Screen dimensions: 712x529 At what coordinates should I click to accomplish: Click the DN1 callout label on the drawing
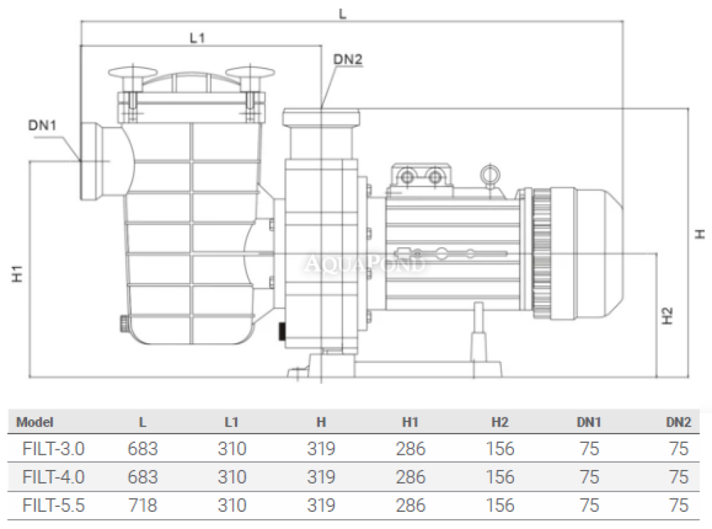pyautogui.click(x=42, y=125)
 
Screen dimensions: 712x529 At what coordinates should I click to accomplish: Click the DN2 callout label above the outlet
pyautogui.click(x=348, y=60)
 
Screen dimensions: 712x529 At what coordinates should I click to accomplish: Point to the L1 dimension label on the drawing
pyautogui.click(x=197, y=38)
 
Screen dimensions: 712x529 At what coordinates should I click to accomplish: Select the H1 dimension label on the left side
pyautogui.click(x=17, y=273)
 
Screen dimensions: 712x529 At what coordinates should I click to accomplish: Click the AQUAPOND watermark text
pyautogui.click(x=365, y=263)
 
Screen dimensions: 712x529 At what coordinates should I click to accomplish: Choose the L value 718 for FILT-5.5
pyautogui.click(x=142, y=506)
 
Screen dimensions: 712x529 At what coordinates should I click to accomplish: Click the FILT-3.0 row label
pyautogui.click(x=53, y=449)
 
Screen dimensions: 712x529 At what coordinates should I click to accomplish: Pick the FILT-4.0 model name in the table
pyautogui.click(x=53, y=477)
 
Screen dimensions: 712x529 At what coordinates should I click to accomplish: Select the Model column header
pyautogui.click(x=34, y=422)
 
